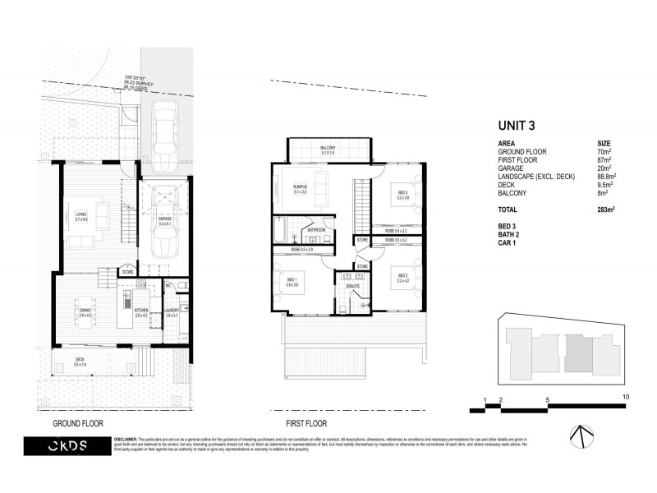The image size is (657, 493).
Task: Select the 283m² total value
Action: pyautogui.click(x=606, y=210)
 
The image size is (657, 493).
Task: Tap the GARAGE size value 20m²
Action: pyautogui.click(x=605, y=168)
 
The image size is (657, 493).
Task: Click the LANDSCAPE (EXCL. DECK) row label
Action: pyautogui.click(x=536, y=177)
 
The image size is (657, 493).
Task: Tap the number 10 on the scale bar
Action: pyautogui.click(x=626, y=397)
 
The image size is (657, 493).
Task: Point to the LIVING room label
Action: pyautogui.click(x=81, y=216)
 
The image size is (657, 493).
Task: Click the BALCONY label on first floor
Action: pyautogui.click(x=327, y=149)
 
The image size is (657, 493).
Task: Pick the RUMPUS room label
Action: pyautogui.click(x=301, y=188)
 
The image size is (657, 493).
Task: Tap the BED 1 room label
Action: pyautogui.click(x=293, y=280)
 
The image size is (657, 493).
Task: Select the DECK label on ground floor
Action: pyautogui.click(x=80, y=361)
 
